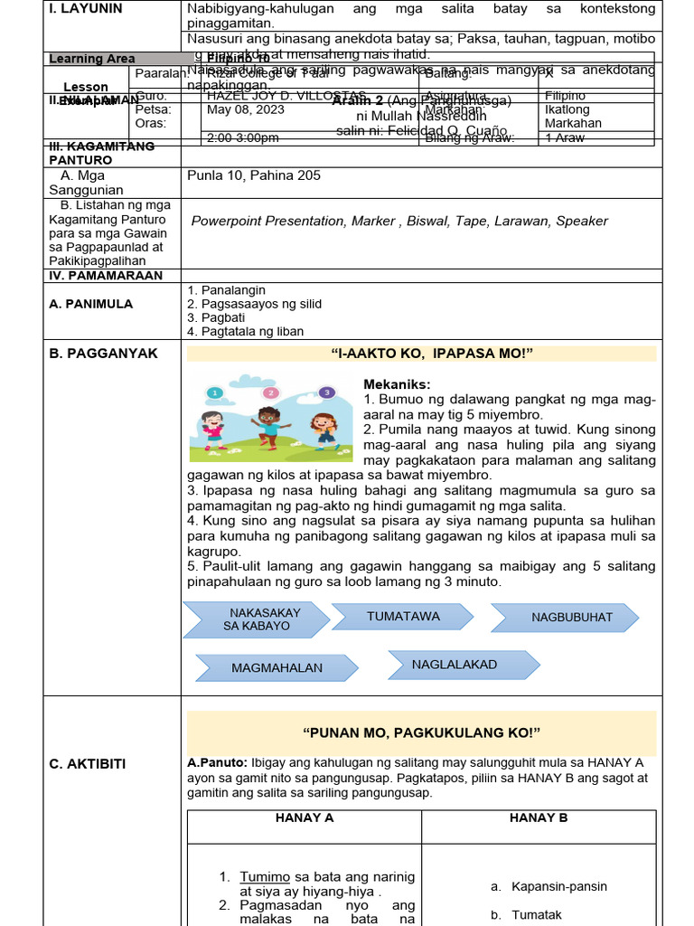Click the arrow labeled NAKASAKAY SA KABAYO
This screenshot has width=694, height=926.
257,619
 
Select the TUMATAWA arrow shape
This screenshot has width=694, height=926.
402,617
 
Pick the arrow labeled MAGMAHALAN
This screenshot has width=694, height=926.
277,668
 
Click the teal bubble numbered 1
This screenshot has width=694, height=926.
214,392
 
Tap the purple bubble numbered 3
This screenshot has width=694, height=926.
326,392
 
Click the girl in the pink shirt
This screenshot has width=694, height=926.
213,430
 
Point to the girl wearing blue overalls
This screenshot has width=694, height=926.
324,430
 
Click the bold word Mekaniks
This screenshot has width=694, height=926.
397,384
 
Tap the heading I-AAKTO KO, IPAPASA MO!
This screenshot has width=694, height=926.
421,353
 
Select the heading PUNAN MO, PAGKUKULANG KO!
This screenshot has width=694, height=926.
421,732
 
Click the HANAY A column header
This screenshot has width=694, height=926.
305,817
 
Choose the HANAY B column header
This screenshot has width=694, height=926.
539,817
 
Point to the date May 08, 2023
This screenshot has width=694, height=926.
246,109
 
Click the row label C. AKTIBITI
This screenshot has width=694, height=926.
88,764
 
